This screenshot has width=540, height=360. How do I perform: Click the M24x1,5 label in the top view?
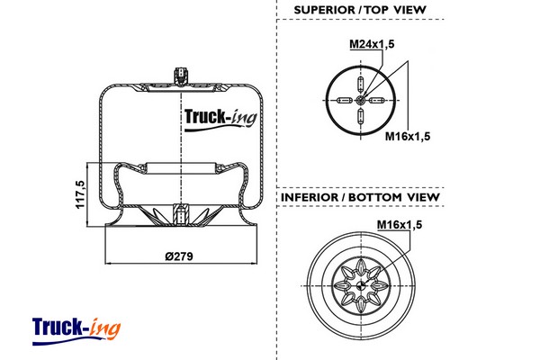[370, 43]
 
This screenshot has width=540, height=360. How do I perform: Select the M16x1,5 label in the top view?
[408, 137]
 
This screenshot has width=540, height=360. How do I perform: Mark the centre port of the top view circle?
[360, 101]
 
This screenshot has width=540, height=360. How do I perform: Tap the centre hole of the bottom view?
[360, 286]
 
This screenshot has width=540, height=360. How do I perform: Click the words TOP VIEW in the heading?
[395, 10]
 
